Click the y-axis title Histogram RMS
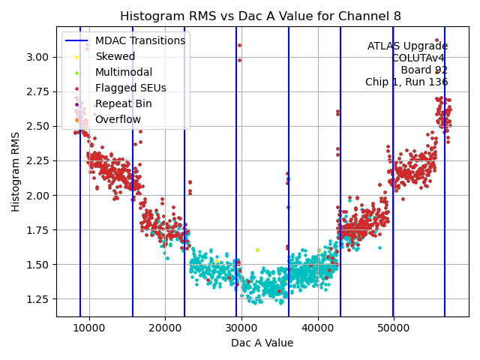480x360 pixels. coord(16,172)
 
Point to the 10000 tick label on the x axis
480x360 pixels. coord(89,328)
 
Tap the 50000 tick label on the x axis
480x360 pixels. coord(394,328)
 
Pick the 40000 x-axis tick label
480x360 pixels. coord(318,328)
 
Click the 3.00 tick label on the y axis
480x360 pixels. coord(38,57)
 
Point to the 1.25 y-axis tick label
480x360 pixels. coord(38,299)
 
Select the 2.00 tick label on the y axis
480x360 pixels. coord(38,196)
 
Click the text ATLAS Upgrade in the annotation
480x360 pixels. coord(407,46)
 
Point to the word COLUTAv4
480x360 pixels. coord(419,58)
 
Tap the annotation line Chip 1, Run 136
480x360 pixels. coord(406,82)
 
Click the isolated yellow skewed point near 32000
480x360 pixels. coord(257,250)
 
